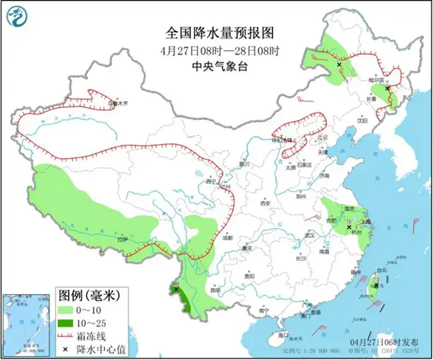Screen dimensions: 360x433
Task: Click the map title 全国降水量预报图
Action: click(x=217, y=33)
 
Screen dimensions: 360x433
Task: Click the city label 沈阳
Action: click(x=362, y=121)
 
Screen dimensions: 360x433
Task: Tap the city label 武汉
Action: click(x=308, y=235)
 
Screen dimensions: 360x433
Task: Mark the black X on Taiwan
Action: click(x=376, y=285)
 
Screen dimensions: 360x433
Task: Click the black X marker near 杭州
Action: click(x=349, y=228)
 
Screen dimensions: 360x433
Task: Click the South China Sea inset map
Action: click(x=26, y=324)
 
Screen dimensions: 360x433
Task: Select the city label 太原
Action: click(x=290, y=168)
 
